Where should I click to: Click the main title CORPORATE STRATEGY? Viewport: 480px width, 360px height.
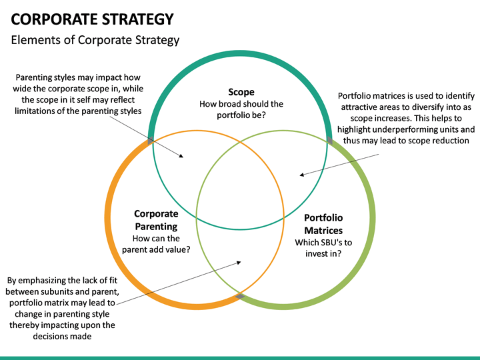[x=92, y=19]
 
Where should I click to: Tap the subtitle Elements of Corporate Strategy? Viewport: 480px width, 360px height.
[x=95, y=40]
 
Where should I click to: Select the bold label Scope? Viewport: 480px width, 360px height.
[x=241, y=92]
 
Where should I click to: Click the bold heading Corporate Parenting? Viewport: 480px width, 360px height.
[x=156, y=220]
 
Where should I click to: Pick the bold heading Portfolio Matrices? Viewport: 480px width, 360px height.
[x=323, y=224]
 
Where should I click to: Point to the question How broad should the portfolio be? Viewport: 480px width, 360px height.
[x=241, y=109]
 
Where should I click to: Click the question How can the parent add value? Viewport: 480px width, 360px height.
[x=156, y=244]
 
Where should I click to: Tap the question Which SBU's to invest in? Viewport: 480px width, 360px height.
[x=323, y=248]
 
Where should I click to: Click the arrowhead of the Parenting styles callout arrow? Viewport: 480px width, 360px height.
[x=181, y=156]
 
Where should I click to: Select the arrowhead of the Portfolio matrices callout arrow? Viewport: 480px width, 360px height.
[x=301, y=175]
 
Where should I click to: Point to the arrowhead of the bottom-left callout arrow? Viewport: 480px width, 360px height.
[x=239, y=263]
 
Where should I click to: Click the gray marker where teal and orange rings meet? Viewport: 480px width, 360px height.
[x=150, y=141]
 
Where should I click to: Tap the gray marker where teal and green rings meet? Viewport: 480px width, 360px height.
[x=330, y=141]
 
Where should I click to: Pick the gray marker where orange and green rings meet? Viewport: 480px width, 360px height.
[x=240, y=296]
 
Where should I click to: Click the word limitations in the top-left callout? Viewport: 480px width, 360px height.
[x=36, y=111]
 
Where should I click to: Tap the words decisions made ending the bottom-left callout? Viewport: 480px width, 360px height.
[x=62, y=337]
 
